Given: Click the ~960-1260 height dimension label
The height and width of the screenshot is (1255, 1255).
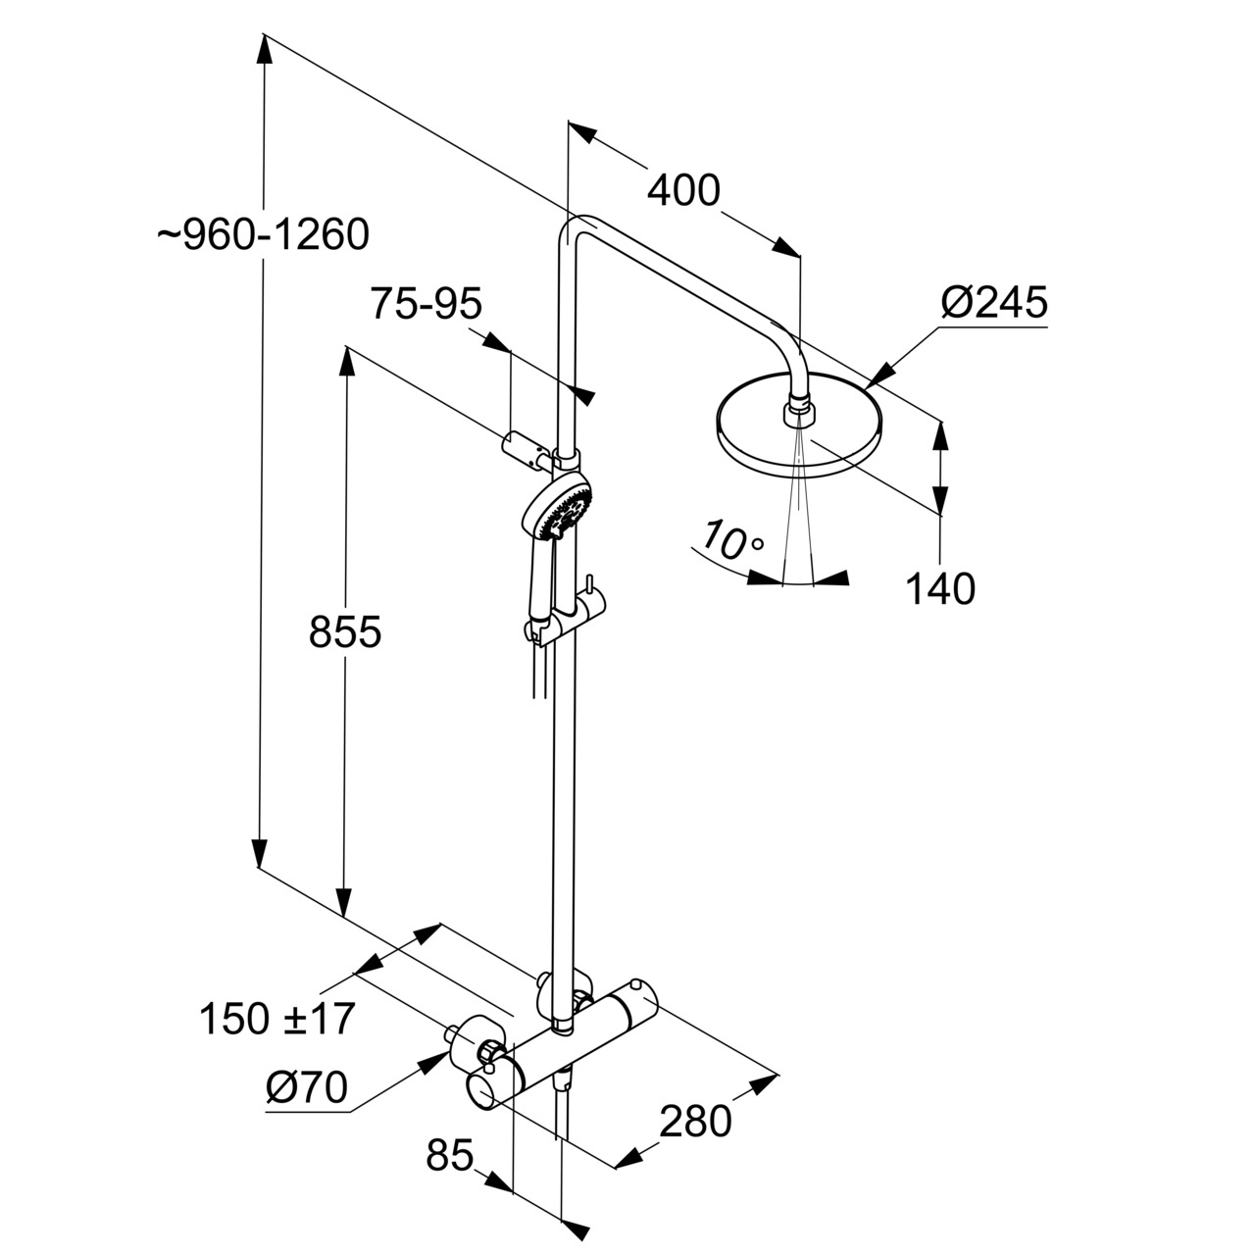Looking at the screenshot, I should point(263,235).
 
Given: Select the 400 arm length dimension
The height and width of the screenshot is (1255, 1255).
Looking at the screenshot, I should point(683,189).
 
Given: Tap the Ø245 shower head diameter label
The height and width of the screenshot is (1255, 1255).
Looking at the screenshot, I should point(993,302).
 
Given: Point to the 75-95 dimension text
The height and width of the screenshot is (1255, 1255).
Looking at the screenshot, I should point(427,305).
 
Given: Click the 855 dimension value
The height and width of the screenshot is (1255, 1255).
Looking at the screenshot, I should point(344,632).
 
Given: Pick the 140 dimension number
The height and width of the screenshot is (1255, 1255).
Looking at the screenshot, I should point(939,589).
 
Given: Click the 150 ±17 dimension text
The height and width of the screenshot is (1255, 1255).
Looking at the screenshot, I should point(276,1020).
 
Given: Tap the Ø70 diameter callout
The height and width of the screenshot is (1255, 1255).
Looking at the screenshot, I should point(307,1087).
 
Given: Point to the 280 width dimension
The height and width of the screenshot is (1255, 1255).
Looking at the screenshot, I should point(694,1122).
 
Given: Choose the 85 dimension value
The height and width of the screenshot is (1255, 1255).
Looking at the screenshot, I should point(450,1156).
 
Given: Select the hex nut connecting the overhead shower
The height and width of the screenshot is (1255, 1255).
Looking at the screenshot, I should point(799,412).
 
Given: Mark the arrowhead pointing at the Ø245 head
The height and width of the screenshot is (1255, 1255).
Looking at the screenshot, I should point(879,374).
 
